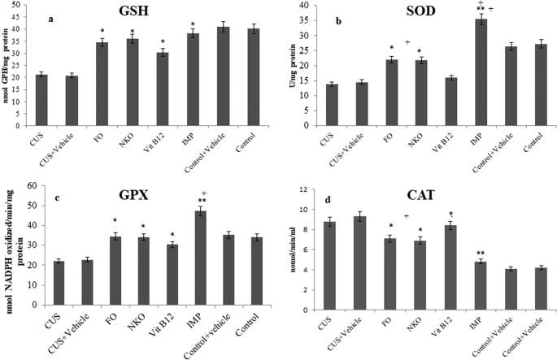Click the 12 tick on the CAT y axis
(x=329, y=190)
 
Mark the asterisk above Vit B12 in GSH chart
(x=163, y=41)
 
